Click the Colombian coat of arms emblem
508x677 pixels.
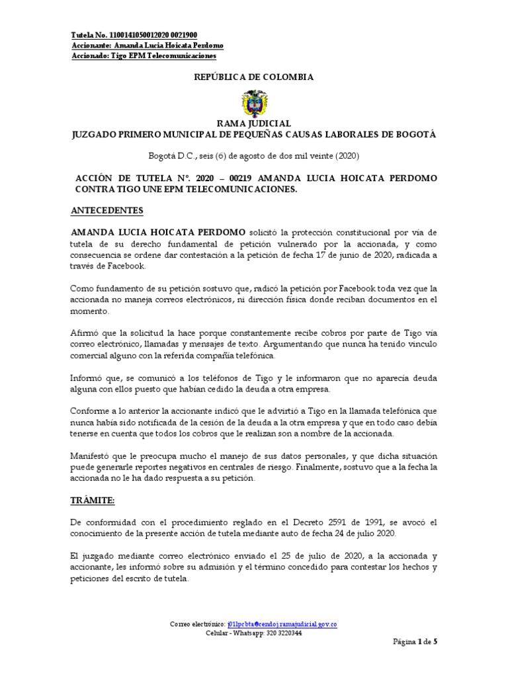click(253, 103)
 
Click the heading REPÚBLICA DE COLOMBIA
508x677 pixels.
click(253, 77)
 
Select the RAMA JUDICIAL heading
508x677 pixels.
click(254, 124)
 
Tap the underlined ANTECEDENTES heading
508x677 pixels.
click(106, 210)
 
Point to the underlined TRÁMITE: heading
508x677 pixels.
click(93, 482)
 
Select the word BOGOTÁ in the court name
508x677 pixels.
click(412, 134)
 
